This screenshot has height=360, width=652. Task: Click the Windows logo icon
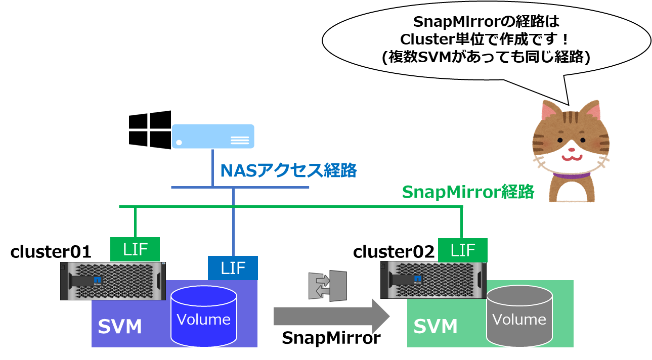pyautogui.click(x=149, y=130)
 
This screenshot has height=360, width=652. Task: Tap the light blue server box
pyautogui.click(x=212, y=136)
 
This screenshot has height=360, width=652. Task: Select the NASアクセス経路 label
pyautogui.click(x=288, y=171)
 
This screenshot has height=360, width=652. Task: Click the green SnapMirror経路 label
pyautogui.click(x=468, y=192)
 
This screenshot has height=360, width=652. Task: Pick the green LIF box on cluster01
pyautogui.click(x=135, y=249)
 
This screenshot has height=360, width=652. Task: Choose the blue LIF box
pyautogui.click(x=233, y=267)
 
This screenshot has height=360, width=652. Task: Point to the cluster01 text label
pyautogui.click(x=51, y=251)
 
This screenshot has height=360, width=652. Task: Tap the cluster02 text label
pyautogui.click(x=394, y=251)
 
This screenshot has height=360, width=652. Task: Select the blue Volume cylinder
pyautogui.click(x=203, y=315)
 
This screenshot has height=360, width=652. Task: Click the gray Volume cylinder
pyautogui.click(x=519, y=315)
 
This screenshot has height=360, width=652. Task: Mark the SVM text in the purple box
pyautogui.click(x=119, y=327)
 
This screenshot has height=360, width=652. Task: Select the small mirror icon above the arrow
pyautogui.click(x=328, y=286)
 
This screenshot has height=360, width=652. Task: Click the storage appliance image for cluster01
pyautogui.click(x=113, y=281)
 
